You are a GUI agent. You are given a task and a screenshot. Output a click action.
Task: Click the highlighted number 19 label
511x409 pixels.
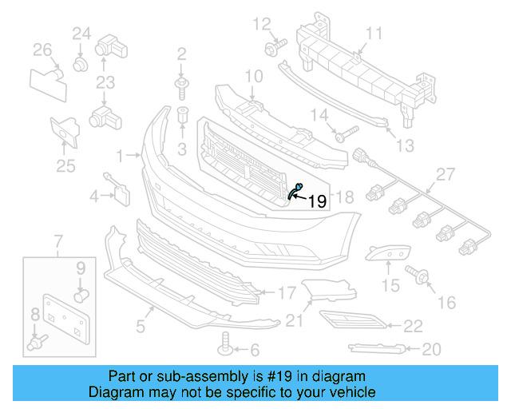pos(317,202)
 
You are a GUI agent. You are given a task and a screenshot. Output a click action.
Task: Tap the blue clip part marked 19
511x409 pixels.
pos(296,189)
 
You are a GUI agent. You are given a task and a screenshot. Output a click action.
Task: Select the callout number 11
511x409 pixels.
pos(374,33)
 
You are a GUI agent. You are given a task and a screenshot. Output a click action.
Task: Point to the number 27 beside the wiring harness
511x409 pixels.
pos(444,174)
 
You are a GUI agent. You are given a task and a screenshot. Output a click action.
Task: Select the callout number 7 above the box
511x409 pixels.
pos(57,240)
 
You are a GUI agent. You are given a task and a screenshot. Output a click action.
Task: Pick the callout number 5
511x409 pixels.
pos(140,325)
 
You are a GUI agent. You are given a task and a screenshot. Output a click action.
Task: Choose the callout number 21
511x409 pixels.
pos(295,320)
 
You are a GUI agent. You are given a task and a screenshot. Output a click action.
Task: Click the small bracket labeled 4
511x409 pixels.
pos(120,191)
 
